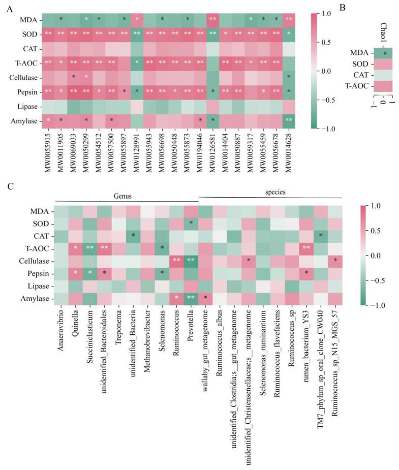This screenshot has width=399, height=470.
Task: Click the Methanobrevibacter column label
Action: [x=148, y=346]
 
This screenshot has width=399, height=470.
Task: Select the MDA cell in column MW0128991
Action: [x=137, y=19]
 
